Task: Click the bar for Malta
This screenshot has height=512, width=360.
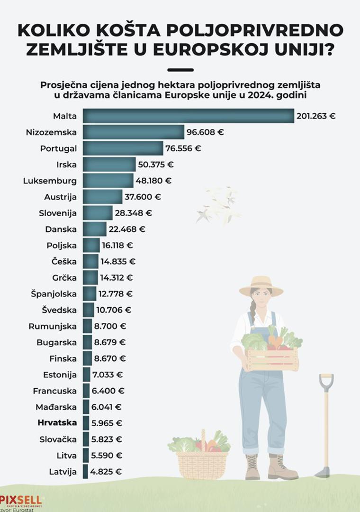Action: coord(189,116)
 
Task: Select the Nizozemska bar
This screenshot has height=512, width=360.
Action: coord(134,132)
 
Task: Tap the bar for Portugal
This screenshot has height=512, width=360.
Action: coord(123,148)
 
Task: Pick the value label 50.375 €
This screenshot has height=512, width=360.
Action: coord(155,165)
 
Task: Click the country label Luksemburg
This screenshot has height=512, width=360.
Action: coord(50,181)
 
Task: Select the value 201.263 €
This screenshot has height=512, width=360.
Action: coord(315,116)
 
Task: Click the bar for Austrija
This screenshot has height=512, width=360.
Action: coord(102,197)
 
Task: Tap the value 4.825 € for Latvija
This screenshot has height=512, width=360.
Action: coord(107,471)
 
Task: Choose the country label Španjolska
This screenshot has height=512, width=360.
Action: coord(54,294)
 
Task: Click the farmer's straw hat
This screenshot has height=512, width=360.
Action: coord(261,286)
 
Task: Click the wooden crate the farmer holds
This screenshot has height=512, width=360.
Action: coord(272,359)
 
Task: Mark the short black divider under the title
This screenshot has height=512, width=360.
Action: coord(180,70)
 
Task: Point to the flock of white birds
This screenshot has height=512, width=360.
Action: coord(219,205)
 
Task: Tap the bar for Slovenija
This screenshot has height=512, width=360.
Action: coord(98,213)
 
